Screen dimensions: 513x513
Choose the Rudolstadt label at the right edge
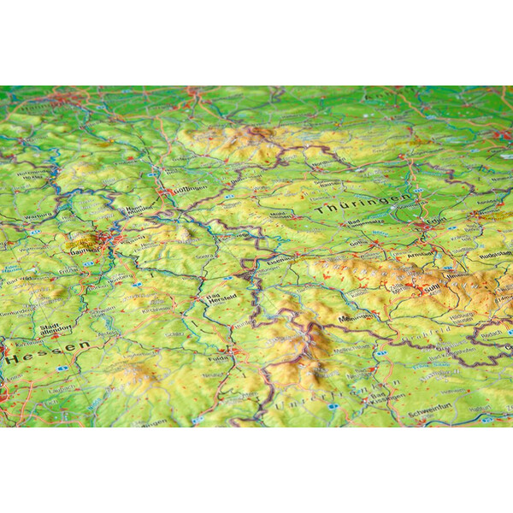point(495,254)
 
